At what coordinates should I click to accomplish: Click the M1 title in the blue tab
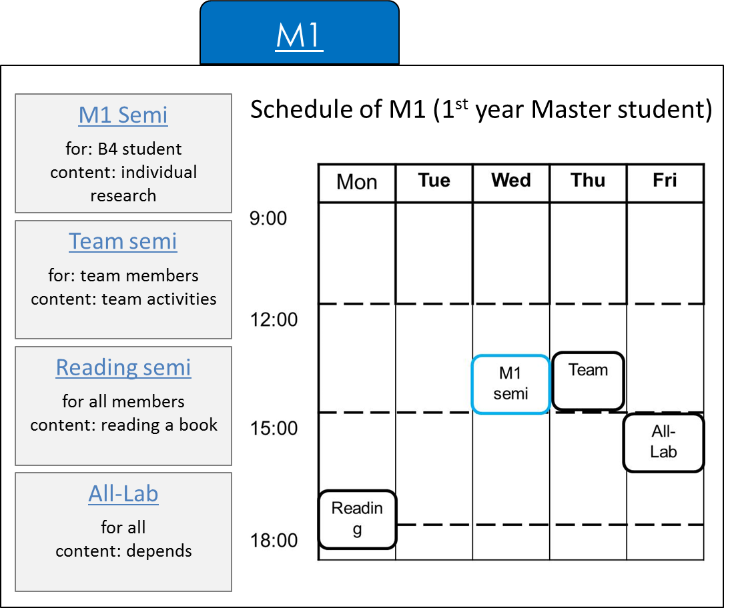[x=300, y=36]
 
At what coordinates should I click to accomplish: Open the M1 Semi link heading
[x=123, y=115]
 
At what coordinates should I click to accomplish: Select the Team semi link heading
[x=123, y=241]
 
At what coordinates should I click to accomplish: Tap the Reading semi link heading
[x=123, y=367]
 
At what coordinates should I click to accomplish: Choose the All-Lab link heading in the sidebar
[x=123, y=493]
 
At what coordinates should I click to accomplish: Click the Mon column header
[x=356, y=182]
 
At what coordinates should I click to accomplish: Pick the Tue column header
[x=434, y=181]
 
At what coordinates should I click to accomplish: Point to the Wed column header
[x=510, y=181]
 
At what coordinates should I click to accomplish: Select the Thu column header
[x=588, y=181]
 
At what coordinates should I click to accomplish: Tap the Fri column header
[x=665, y=181]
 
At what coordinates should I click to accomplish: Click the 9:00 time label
[x=268, y=218]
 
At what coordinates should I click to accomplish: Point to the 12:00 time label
[x=274, y=319]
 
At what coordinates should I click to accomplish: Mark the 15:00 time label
[x=274, y=429]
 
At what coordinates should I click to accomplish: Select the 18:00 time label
[x=274, y=541]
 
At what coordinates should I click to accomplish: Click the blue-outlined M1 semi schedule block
[x=510, y=384]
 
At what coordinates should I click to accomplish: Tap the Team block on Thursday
[x=588, y=381]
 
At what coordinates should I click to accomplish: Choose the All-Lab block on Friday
[x=663, y=443]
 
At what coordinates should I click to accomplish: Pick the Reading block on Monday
[x=358, y=519]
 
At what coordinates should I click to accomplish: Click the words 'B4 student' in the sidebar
[x=139, y=149]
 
